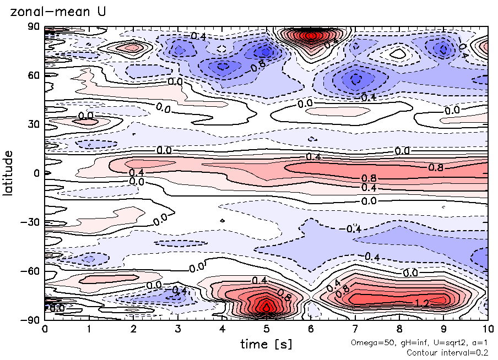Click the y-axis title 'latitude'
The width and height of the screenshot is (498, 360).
pos(8,173)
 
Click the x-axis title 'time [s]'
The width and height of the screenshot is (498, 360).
pos(266,344)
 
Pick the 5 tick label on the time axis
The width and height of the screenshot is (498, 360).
pos(266,329)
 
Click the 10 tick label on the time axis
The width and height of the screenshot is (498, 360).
pos(488,329)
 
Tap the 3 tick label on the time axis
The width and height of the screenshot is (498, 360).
pos(177,329)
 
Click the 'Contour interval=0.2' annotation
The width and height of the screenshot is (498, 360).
pos(447,352)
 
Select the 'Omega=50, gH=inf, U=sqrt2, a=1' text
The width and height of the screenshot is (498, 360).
pos(419,342)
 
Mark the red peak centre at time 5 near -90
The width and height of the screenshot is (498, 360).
pos(267,308)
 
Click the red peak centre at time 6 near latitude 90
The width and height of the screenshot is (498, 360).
pos(311,36)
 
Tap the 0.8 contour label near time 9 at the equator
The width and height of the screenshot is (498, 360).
pos(436,167)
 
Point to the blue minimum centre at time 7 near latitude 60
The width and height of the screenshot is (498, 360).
pos(355,79)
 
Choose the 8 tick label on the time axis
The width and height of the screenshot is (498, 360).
pos(399,329)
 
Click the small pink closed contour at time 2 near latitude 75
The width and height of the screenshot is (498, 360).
pos(133,47)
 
